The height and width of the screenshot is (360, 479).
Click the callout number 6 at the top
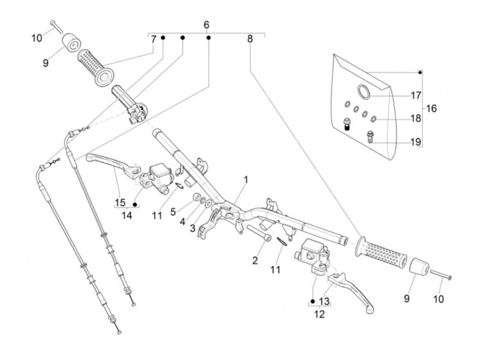(x=206, y=25)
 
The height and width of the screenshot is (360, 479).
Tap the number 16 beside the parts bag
(x=431, y=108)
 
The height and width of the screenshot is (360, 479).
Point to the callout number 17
(x=416, y=95)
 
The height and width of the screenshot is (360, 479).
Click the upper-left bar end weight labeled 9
(x=72, y=42)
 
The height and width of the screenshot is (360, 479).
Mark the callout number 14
(x=127, y=216)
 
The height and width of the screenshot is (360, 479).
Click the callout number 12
(x=319, y=313)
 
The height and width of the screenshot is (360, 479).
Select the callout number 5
(x=173, y=212)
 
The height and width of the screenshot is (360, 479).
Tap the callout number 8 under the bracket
(x=250, y=39)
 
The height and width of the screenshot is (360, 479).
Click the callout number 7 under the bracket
(x=154, y=39)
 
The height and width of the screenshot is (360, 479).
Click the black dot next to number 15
(x=135, y=205)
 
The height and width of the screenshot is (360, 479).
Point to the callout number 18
(x=416, y=118)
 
